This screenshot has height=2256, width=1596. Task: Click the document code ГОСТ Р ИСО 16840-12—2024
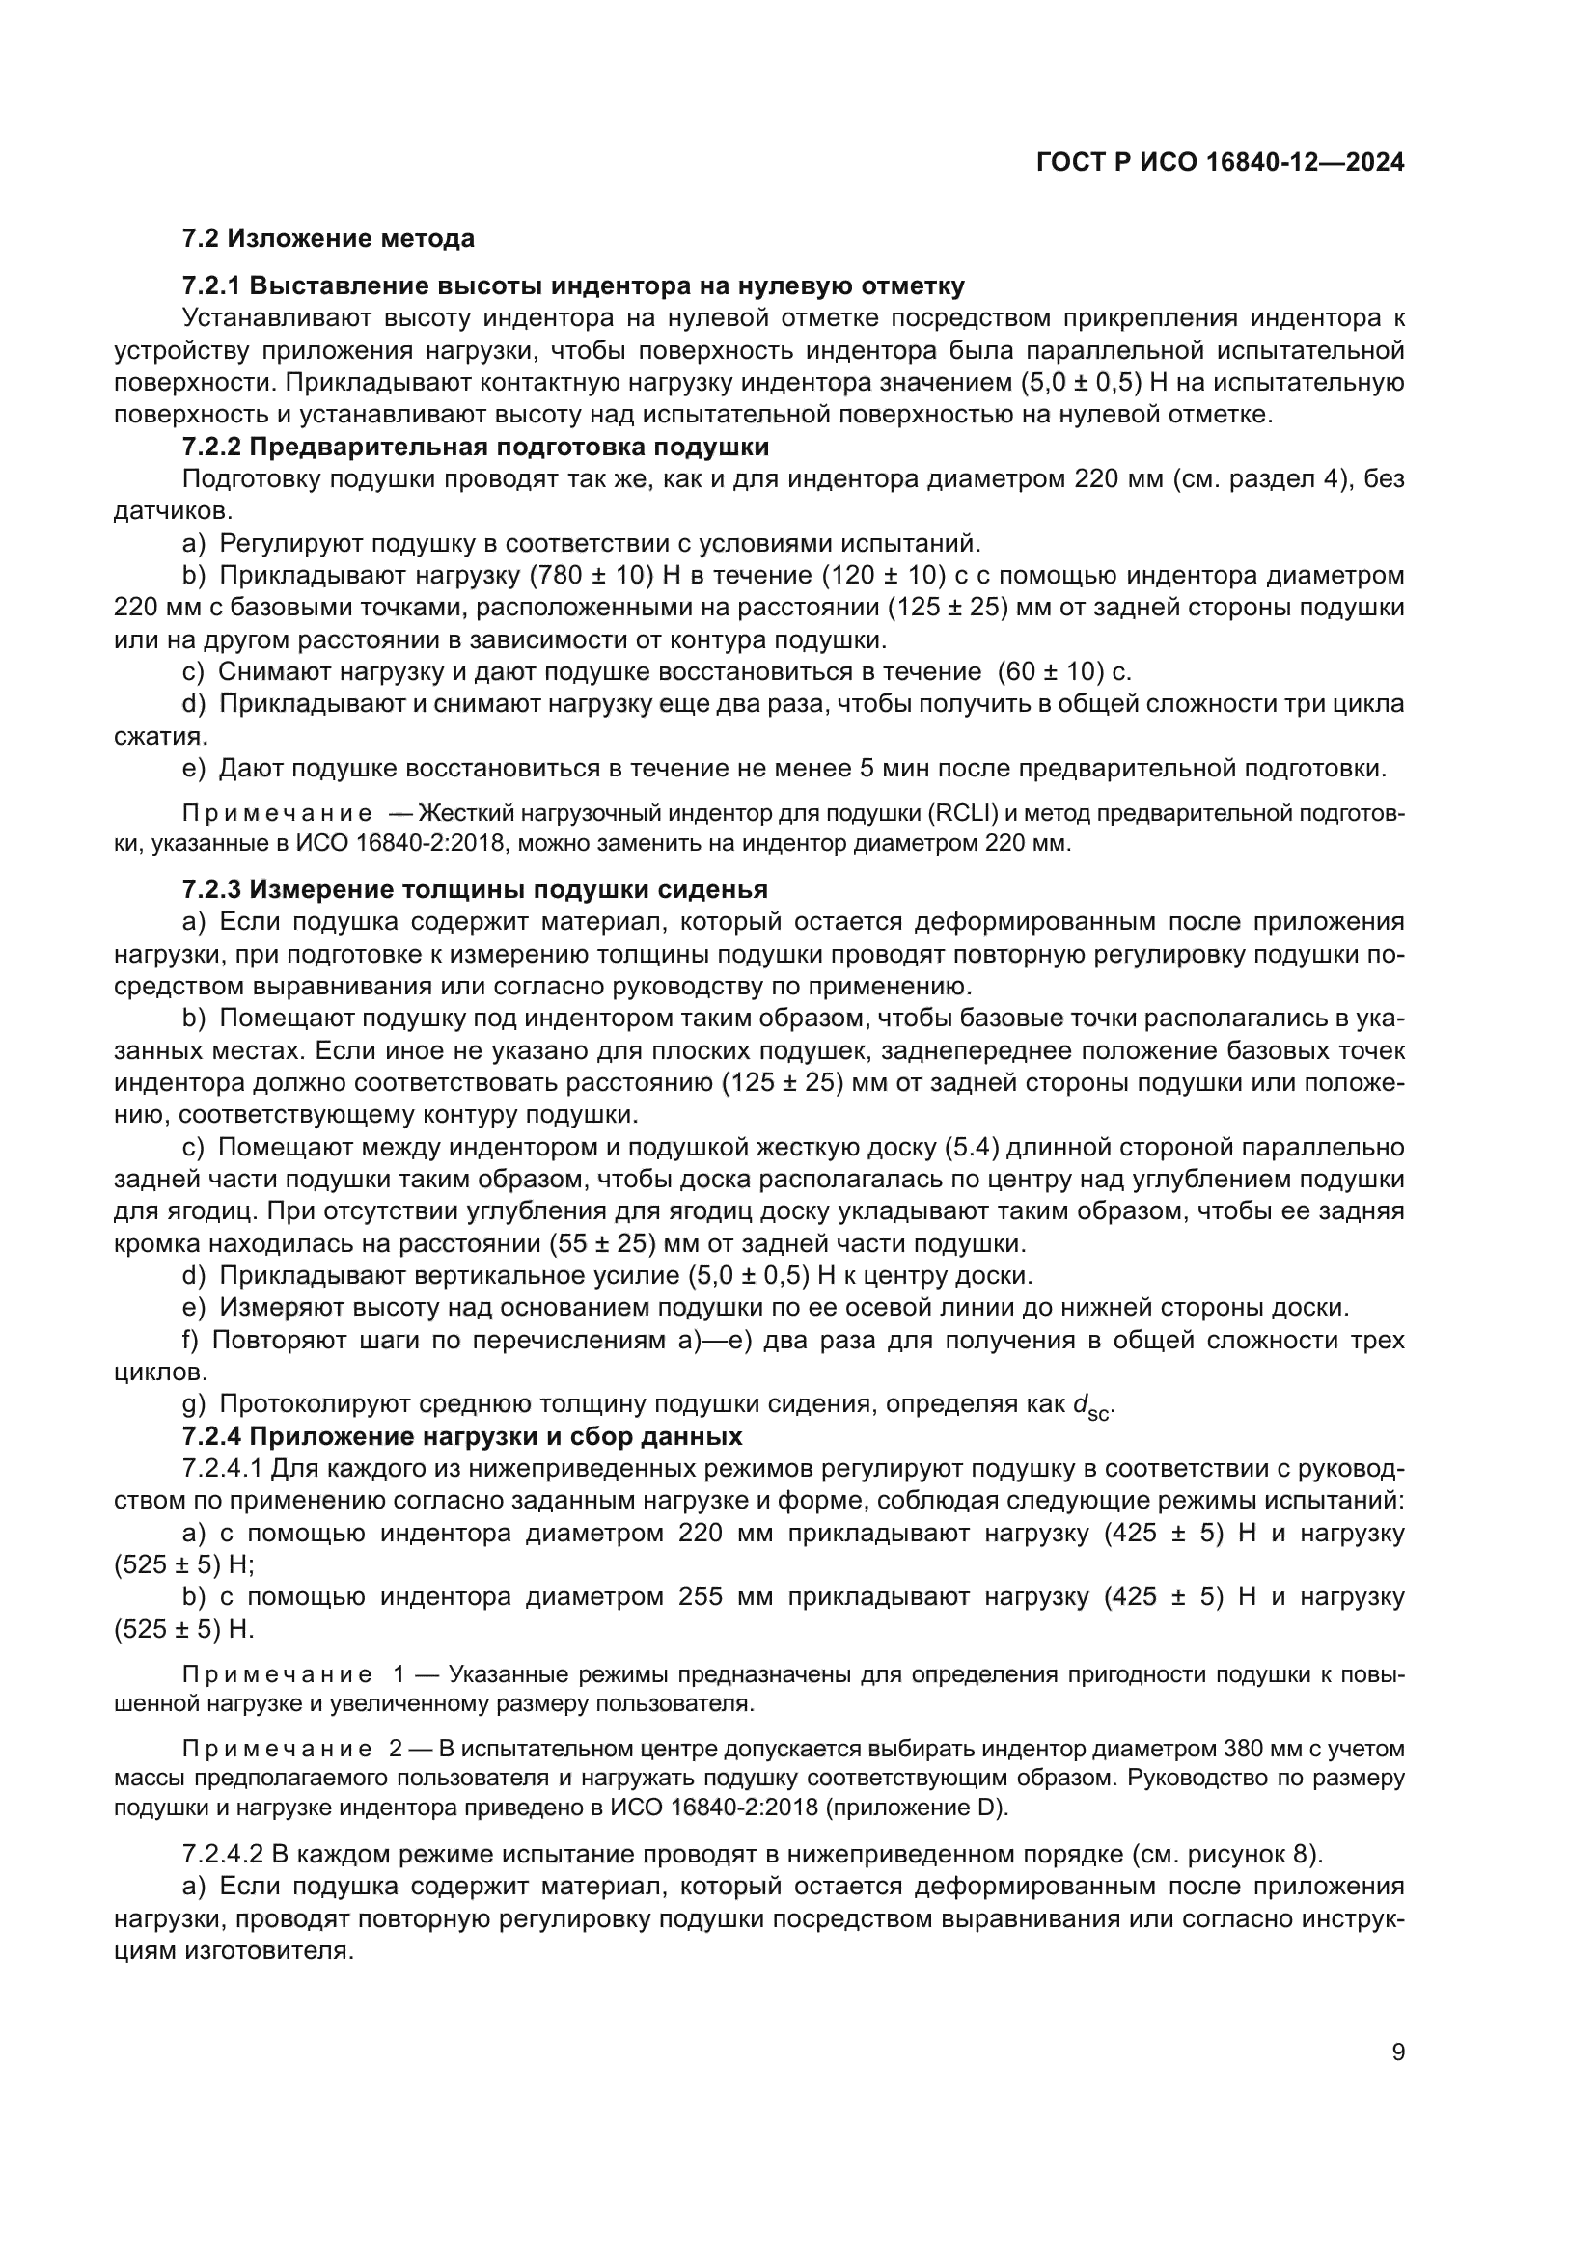coord(1220,163)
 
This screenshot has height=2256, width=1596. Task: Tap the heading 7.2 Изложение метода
coord(328,239)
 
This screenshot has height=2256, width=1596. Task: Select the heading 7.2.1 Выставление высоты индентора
coord(573,285)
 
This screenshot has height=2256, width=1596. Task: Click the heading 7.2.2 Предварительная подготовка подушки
coord(476,448)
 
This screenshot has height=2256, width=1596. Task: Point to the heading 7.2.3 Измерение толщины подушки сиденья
coord(475,889)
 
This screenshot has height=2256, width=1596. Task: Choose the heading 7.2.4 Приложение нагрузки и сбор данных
coord(462,1436)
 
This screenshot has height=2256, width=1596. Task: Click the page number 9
coord(1398,2052)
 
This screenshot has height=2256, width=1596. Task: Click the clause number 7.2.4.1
coord(222,1469)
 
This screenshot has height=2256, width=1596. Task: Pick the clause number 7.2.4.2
coord(222,1854)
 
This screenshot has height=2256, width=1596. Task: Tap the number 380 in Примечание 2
coord(1243,1749)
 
